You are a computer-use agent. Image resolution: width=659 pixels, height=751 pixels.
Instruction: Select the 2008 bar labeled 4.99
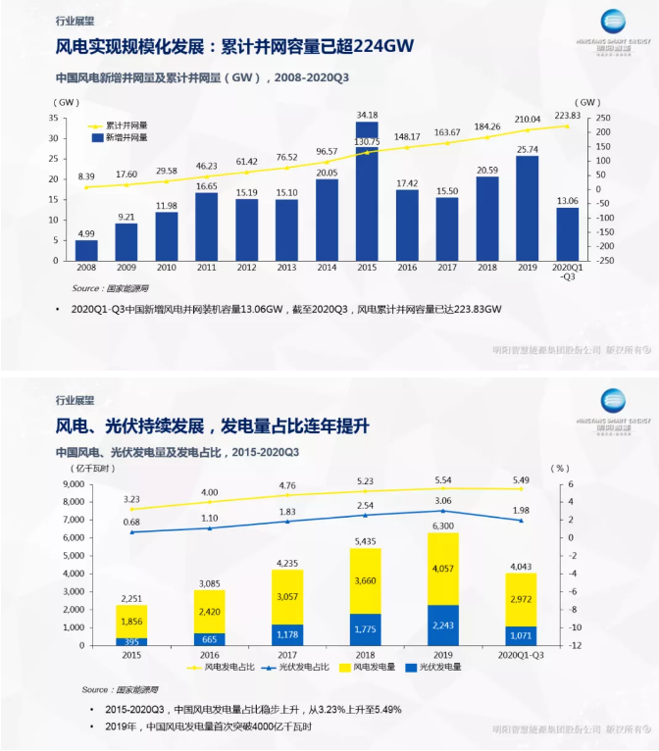[86, 250]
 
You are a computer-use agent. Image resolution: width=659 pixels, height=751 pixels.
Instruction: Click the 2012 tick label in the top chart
[246, 267]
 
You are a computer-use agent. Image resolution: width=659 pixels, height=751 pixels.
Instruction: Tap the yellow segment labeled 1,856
[131, 622]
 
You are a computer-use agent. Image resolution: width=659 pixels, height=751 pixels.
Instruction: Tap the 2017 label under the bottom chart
[287, 655]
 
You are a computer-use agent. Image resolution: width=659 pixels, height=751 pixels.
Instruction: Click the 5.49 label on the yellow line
[521, 479]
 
